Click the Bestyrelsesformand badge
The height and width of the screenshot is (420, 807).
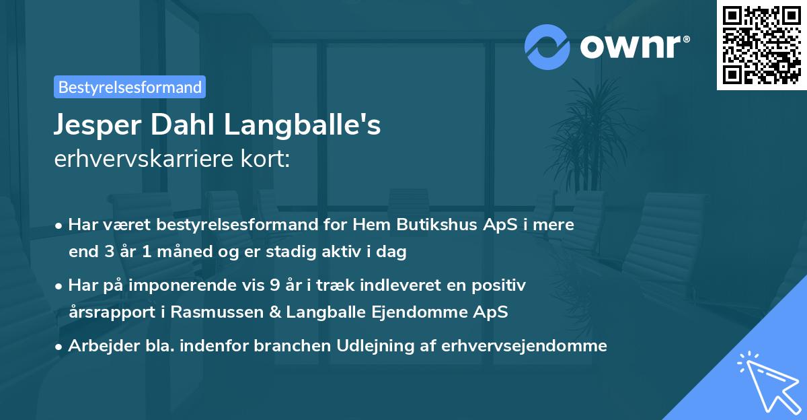point(130,87)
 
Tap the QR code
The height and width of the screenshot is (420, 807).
point(761,44)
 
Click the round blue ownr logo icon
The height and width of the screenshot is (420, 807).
point(547,47)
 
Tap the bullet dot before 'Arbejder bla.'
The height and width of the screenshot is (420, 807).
point(60,347)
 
